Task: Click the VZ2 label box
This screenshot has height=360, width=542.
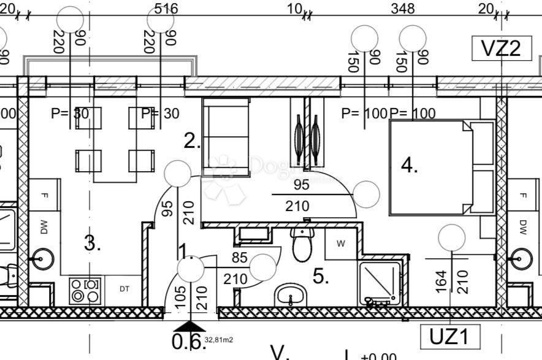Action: pyautogui.click(x=501, y=48)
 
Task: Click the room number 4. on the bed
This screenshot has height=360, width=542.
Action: pyautogui.click(x=410, y=165)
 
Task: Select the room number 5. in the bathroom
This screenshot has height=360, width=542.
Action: pyautogui.click(x=319, y=277)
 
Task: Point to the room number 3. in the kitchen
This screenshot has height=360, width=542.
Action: pyautogui.click(x=92, y=243)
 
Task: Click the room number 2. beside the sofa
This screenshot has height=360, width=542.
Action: pyautogui.click(x=192, y=142)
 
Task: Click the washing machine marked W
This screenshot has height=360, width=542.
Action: pyautogui.click(x=341, y=243)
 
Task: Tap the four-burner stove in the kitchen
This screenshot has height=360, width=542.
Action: pyautogui.click(x=85, y=291)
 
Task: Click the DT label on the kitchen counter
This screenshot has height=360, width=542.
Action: pyautogui.click(x=124, y=288)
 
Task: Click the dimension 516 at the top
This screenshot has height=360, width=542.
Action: pyautogui.click(x=166, y=9)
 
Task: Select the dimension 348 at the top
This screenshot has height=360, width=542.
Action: pyautogui.click(x=402, y=9)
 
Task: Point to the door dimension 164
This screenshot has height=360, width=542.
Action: pyautogui.click(x=440, y=281)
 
